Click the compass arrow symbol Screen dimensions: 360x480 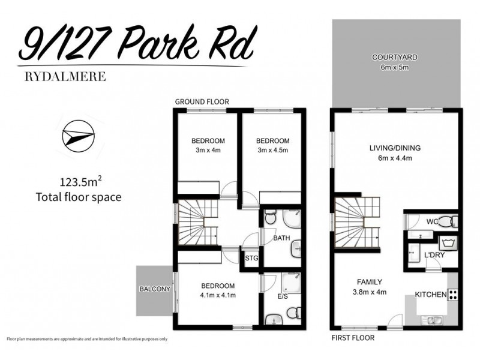(x=78, y=136)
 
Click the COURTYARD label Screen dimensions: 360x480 (x=394, y=58)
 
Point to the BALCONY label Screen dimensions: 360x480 (x=155, y=289)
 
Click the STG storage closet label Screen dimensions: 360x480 (x=251, y=259)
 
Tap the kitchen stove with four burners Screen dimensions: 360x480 (x=453, y=295)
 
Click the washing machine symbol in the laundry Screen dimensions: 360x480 (x=448, y=243)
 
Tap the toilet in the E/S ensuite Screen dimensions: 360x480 (x=293, y=313)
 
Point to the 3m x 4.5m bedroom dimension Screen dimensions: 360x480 (x=269, y=151)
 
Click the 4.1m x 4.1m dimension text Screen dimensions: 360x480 (x=217, y=295)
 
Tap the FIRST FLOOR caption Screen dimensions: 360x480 (x=353, y=338)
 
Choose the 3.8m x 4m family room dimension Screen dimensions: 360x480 (x=369, y=292)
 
